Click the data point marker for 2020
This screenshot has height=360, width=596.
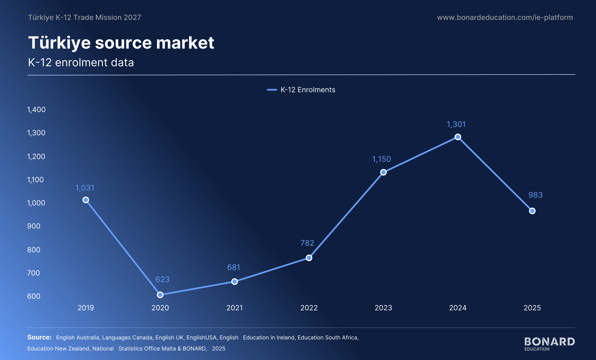160,295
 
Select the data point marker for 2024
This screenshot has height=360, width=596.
458,137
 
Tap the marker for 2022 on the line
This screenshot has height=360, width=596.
309,258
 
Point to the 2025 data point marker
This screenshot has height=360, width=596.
532,211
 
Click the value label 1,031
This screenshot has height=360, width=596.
85,188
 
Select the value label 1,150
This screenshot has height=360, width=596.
382,159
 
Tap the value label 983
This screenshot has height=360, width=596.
535,195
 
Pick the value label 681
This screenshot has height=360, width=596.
234,267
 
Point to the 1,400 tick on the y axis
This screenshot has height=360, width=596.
36,110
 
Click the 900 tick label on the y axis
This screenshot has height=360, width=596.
34,226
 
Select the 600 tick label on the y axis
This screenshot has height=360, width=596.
34,296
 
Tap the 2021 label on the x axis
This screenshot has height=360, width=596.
235,308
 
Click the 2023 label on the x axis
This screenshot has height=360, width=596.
383,308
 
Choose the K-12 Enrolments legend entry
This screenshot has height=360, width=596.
301,90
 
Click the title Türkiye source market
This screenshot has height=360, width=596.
121,43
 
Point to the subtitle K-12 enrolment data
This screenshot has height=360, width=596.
81,62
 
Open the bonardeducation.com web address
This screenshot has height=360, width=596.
505,17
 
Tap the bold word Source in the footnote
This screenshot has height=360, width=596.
39,337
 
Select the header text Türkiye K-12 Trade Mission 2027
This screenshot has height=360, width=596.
84,17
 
